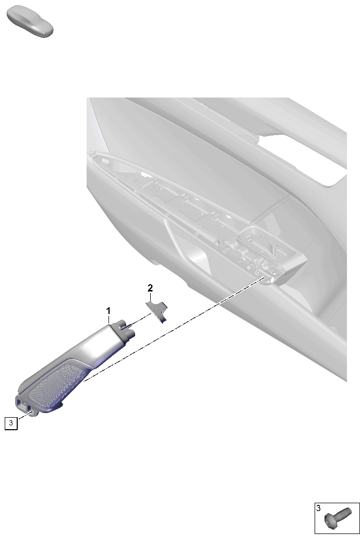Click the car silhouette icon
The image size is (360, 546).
click(x=30, y=21)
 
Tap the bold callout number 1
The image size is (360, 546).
click(x=109, y=310)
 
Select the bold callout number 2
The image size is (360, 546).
click(x=150, y=288)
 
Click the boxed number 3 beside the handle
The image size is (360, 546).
click(x=11, y=423)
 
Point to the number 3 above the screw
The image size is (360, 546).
click(x=318, y=508)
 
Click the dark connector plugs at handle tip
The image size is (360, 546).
click(x=124, y=329)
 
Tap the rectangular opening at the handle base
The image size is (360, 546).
click(x=23, y=405)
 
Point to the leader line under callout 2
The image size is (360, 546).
click(x=150, y=297)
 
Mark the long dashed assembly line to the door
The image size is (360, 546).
click(x=173, y=329)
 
